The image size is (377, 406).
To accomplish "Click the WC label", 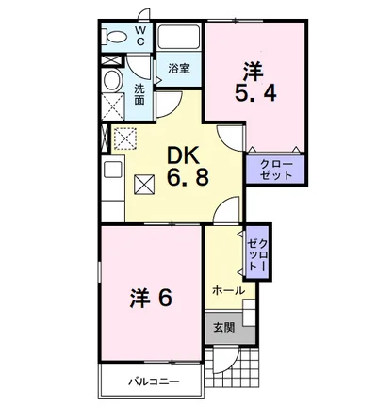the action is pyautogui.click(x=140, y=36).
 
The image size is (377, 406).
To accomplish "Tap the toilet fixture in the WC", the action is pyautogui.click(x=115, y=37).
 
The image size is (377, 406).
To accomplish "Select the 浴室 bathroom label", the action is pyautogui.click(x=179, y=69).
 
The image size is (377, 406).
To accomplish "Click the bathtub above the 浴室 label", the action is pyautogui.click(x=178, y=37).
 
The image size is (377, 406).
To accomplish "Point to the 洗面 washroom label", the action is pyautogui.click(x=139, y=94).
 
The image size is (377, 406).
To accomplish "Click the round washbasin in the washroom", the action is pyautogui.click(x=112, y=81).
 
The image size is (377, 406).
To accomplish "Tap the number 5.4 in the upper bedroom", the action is pyautogui.click(x=255, y=93).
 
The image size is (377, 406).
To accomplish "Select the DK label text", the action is pyautogui.click(x=184, y=156).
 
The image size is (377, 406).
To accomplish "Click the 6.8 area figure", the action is pyautogui.click(x=188, y=178).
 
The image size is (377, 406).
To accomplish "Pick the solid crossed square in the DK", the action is pyautogui.click(x=144, y=185).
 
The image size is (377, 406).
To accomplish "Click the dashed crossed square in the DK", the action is pyautogui.click(x=125, y=138).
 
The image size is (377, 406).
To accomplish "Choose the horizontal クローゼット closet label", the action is pyautogui.click(x=276, y=170).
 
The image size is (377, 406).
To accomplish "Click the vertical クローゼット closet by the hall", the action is pyautogui.click(x=257, y=252).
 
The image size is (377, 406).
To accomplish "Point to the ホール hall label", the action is pyautogui.click(x=228, y=290).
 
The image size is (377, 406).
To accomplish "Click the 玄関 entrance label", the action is pyautogui.click(x=224, y=328).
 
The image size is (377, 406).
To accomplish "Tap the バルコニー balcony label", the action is pyautogui.click(x=154, y=382).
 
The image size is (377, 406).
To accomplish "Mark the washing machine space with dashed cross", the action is pyautogui.click(x=113, y=106).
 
